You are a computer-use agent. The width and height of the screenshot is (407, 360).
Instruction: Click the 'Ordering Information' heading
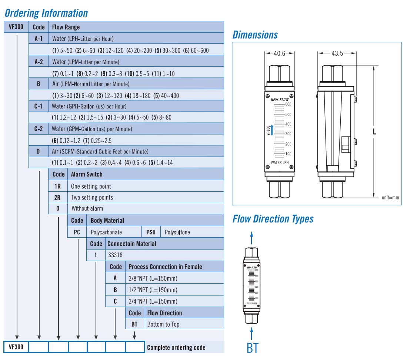[46, 13]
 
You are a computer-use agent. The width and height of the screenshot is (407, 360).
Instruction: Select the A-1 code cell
[39, 38]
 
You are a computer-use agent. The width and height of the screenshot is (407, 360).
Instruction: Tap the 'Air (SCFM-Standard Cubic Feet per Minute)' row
[100, 151]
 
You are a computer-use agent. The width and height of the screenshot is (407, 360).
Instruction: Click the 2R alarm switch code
[57, 197]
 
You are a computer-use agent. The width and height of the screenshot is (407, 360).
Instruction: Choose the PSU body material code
[151, 232]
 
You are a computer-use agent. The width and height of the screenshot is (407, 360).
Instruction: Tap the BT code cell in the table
[134, 324]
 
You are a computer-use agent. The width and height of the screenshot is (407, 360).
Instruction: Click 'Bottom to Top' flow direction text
[163, 324]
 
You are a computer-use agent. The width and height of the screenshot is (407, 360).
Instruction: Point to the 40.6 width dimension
[279, 53]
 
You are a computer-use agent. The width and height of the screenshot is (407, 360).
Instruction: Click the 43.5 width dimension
[337, 53]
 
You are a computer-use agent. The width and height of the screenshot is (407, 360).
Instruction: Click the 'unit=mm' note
[390, 198]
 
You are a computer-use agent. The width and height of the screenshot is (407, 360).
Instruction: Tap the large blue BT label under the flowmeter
[252, 348]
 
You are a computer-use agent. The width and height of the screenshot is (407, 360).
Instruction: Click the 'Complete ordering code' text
[176, 347]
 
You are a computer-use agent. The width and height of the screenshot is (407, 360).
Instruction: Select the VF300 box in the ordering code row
[16, 347]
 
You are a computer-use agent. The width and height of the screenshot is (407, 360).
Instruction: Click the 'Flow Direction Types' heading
[273, 219]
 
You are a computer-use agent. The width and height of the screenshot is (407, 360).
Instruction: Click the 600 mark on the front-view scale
[288, 104]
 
